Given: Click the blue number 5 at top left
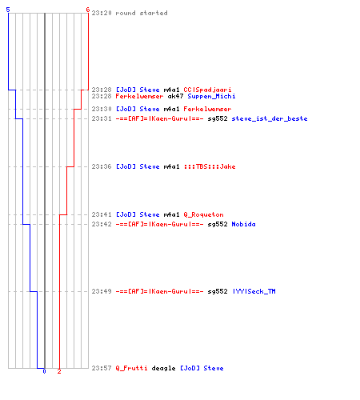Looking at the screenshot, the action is tap(8, 10).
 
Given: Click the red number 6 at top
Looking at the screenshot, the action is tap(87, 10).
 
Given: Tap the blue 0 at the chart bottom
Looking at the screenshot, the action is tap(44, 371).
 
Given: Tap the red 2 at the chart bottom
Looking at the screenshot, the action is tap(59, 371).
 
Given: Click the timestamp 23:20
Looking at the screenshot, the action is tap(102, 13).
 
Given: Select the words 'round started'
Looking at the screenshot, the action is tap(142, 13).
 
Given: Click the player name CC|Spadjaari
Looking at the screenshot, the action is tap(207, 90).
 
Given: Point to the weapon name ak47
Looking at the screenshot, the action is tap(175, 96).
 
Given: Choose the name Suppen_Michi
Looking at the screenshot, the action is tap(211, 96).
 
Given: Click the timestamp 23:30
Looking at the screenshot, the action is tap(102, 109).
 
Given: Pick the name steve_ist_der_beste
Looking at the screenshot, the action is tap(270, 118).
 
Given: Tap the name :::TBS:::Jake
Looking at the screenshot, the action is tap(210, 166).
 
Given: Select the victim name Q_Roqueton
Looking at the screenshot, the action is tap(203, 214).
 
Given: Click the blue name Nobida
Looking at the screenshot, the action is tap(243, 224).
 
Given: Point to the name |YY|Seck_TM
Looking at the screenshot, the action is tap(254, 291).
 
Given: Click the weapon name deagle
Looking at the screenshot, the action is tap(163, 368).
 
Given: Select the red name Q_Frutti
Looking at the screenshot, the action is tap(131, 368).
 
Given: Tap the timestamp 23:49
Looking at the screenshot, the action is tap(102, 291).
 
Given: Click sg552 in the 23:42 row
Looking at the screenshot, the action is tap(218, 224).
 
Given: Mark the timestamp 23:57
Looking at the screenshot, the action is tap(102, 368).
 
